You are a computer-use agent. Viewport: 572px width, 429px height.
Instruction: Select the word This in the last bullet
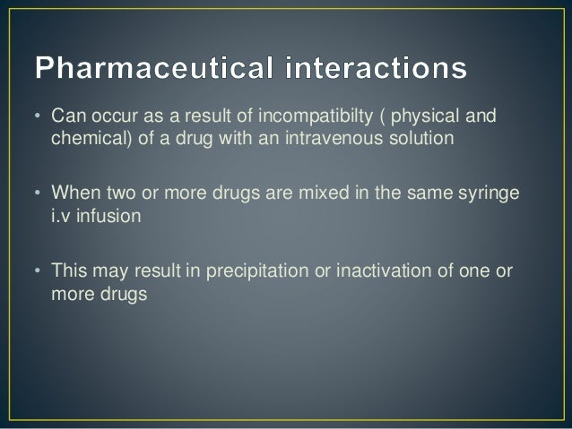point(69,271)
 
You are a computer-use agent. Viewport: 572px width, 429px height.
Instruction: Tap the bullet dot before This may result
point(39,271)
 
